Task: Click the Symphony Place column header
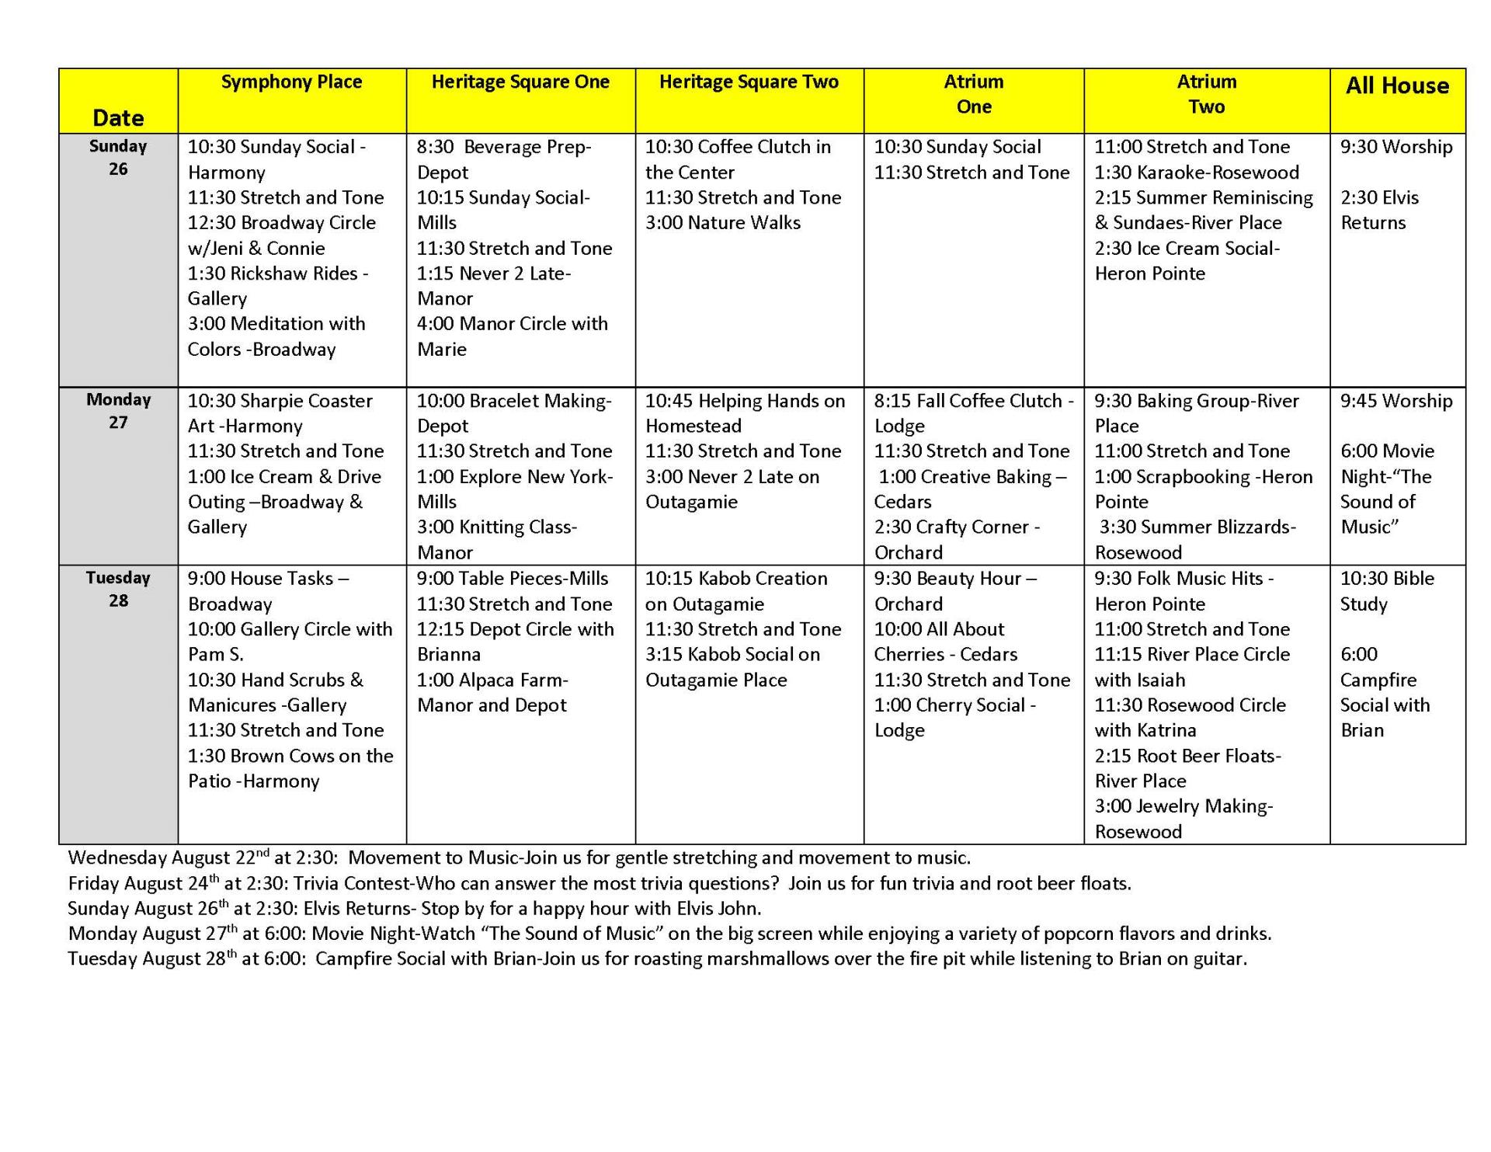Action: [x=291, y=82]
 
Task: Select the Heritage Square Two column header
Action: [x=749, y=82]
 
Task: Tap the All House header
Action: [x=1397, y=85]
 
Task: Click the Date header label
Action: [x=118, y=118]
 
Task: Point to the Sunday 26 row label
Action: [x=118, y=158]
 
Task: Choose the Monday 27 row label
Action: [x=118, y=411]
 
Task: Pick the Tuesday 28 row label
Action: [x=118, y=589]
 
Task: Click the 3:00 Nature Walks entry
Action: [x=722, y=223]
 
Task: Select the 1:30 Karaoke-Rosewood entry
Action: [x=1196, y=172]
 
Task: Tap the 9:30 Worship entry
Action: [x=1395, y=147]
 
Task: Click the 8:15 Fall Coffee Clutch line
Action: [x=974, y=401]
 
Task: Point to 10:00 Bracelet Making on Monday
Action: [x=513, y=401]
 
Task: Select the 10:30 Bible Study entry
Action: [x=1387, y=591]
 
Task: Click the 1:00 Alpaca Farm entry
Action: [x=492, y=680]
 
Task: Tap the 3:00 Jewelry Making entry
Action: [x=1183, y=806]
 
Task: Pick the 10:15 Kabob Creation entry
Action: [x=735, y=579]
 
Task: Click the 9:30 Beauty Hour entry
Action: [x=955, y=579]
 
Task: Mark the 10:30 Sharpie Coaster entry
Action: [x=280, y=401]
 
